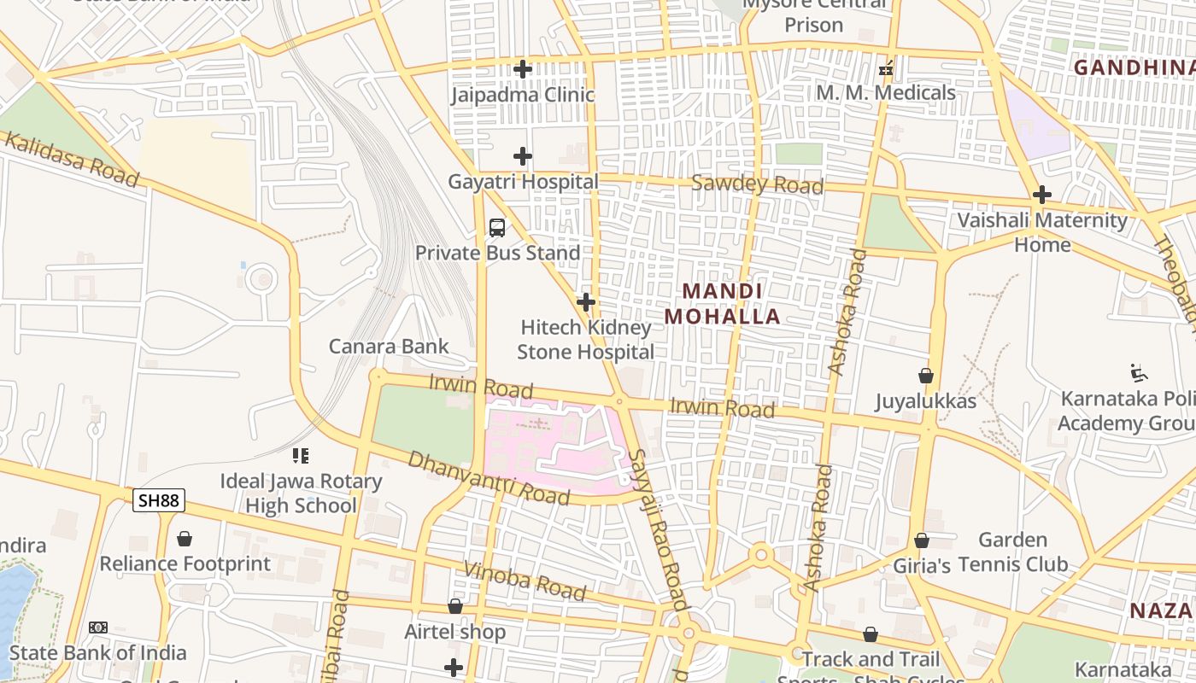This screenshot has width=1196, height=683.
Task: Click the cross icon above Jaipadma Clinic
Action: pos(523,69)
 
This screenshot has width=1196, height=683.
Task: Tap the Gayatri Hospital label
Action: pos(523,182)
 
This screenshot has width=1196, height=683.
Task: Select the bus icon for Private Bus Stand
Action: pos(497,228)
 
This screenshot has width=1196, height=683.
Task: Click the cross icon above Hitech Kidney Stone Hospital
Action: pos(585,302)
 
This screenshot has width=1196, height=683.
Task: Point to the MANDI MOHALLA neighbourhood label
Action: pos(723,304)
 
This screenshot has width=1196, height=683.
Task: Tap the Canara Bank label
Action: pos(389,346)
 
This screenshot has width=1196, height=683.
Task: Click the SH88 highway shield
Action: pos(159,500)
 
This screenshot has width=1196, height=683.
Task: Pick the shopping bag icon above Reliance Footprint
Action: pos(185,539)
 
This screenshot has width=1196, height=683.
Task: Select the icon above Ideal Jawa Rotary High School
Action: pos(301,456)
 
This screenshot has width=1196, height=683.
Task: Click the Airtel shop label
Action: pos(454,633)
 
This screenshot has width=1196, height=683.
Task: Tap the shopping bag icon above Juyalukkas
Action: pos(925,376)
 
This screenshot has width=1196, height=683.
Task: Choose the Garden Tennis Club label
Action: pos(1013,552)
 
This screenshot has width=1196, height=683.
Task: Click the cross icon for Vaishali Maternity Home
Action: pos(1041,195)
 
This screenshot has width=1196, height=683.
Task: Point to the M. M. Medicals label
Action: pos(886,93)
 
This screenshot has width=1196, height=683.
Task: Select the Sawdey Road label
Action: pos(758,184)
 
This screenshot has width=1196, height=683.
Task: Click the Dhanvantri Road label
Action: pos(488,478)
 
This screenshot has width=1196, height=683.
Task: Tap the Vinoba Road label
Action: pos(525,581)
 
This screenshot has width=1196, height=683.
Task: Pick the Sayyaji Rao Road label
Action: pos(658,529)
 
